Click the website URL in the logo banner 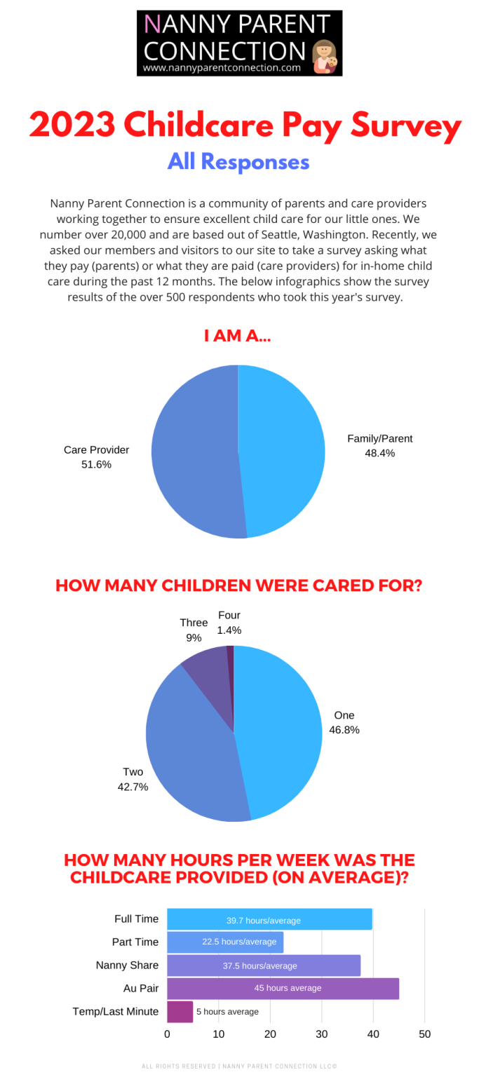(222, 68)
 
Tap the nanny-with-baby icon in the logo (325, 57)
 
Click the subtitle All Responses (238, 162)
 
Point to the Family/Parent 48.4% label (380, 446)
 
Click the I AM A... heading (238, 337)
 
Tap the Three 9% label (194, 630)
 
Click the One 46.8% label (344, 722)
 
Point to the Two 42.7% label (133, 779)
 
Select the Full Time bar (269, 920)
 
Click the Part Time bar (225, 942)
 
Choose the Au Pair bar (283, 988)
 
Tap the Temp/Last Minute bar (180, 1011)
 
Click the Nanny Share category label (127, 966)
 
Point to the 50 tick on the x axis (424, 1034)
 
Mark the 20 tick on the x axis (270, 1034)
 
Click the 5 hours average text (227, 1012)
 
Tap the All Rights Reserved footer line (239, 1066)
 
